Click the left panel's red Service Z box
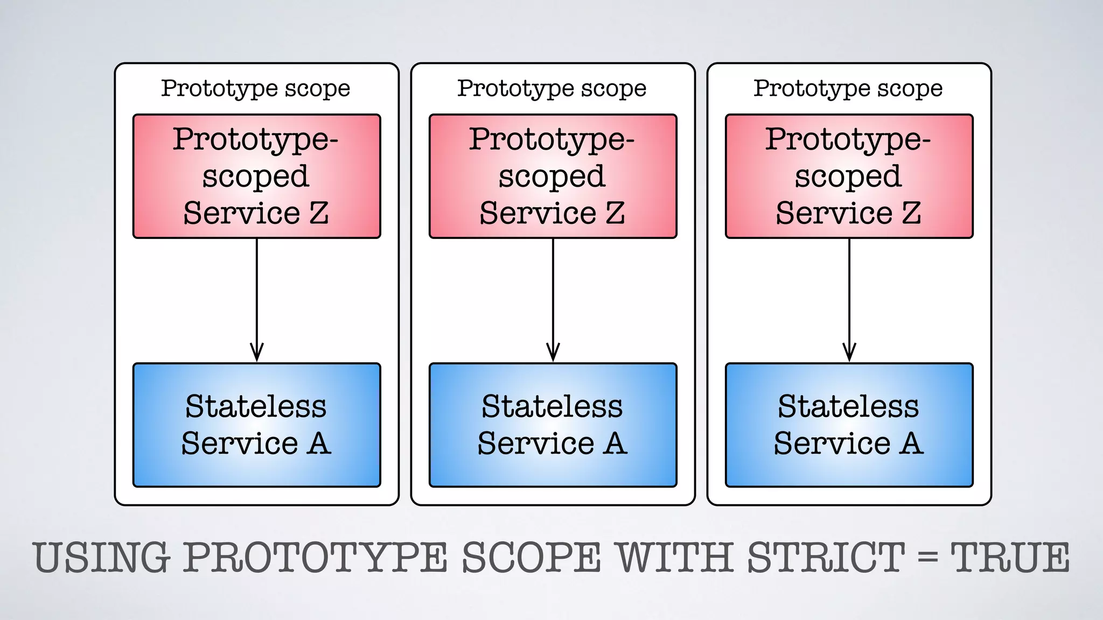[x=256, y=176]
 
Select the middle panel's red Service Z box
[x=553, y=176]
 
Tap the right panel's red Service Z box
[x=849, y=176]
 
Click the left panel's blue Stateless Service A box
[x=256, y=425]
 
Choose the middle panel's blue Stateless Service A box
[x=553, y=425]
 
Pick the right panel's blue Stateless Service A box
[x=849, y=425]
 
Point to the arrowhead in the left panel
[x=257, y=353]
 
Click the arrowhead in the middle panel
[x=553, y=353]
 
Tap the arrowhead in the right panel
[x=849, y=353]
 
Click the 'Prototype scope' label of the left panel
[x=256, y=88]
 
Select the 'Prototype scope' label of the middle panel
[x=552, y=88]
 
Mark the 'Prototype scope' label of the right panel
[x=848, y=88]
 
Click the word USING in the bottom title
[x=102, y=558]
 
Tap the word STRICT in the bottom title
[x=826, y=558]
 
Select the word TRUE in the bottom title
[x=1010, y=558]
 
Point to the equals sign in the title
[x=927, y=558]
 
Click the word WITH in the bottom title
[x=675, y=558]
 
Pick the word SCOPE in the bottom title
[x=531, y=558]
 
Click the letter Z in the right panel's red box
[x=911, y=213]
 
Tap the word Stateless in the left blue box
[x=256, y=406]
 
